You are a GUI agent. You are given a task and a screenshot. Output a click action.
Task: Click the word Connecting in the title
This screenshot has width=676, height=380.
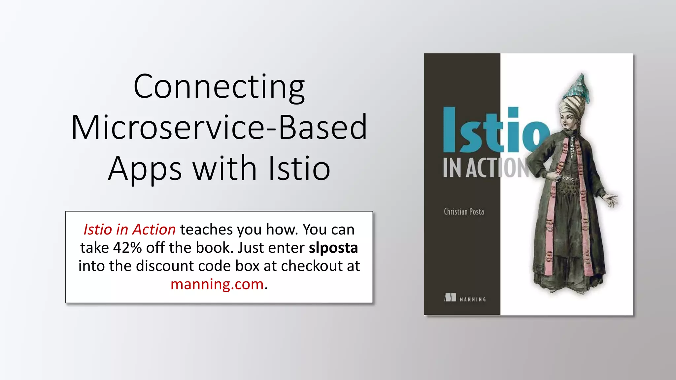[x=219, y=86]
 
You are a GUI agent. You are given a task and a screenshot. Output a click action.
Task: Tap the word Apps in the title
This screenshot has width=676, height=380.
[x=145, y=169]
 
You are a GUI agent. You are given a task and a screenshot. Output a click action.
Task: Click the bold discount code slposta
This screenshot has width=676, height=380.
[x=333, y=248]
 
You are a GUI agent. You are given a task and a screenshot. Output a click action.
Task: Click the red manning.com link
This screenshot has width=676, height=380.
[x=217, y=284]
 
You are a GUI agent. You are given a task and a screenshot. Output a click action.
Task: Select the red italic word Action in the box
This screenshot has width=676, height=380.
[x=154, y=230]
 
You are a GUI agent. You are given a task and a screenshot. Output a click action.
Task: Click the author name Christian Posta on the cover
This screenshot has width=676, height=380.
[x=464, y=212]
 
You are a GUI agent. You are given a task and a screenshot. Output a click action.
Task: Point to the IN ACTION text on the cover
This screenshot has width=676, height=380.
[x=485, y=168]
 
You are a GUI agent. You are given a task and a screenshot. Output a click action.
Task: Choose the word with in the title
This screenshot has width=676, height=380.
[x=224, y=169]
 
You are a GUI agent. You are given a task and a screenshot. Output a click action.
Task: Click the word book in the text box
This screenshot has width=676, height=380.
[x=214, y=248]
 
